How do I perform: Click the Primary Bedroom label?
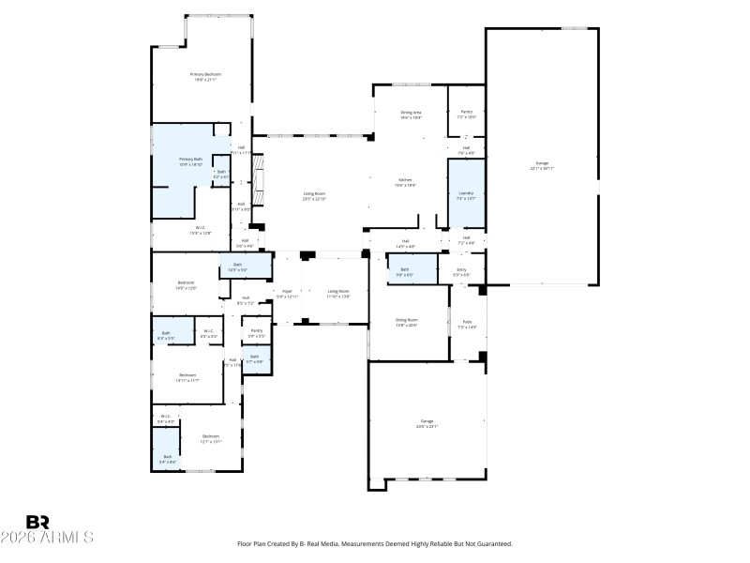click(x=205, y=74)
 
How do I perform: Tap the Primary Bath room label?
click(x=191, y=160)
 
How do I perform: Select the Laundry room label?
click(x=466, y=194)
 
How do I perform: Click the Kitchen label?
click(x=406, y=180)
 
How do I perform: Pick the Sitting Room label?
click(x=406, y=320)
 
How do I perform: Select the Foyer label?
click(x=287, y=292)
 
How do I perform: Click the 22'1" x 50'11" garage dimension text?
click(x=543, y=169)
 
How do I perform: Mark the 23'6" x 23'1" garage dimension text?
click(x=427, y=427)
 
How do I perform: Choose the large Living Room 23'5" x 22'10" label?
click(x=314, y=198)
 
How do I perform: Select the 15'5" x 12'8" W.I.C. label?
click(x=201, y=232)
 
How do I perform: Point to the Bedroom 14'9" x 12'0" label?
click(x=186, y=287)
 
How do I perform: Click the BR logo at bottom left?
click(x=37, y=522)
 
